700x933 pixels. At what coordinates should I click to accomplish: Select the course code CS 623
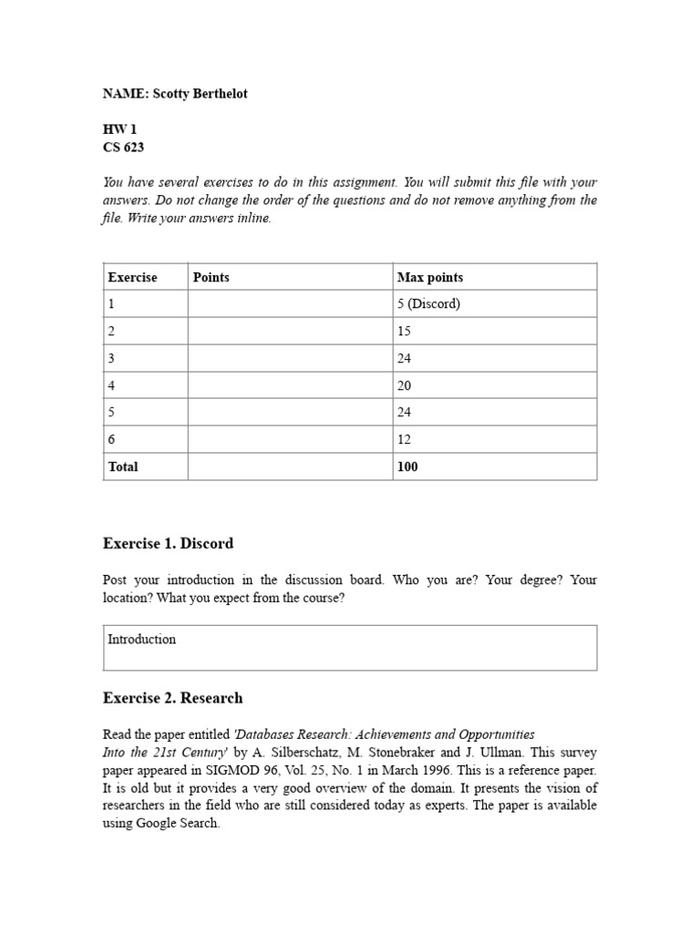(123, 148)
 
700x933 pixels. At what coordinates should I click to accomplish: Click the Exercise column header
(133, 277)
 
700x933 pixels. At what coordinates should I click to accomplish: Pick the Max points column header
(430, 277)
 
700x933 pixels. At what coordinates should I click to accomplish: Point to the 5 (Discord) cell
(428, 304)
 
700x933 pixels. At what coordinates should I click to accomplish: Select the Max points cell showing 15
(404, 332)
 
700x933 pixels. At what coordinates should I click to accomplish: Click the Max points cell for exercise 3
(404, 358)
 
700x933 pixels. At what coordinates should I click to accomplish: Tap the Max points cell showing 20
(404, 385)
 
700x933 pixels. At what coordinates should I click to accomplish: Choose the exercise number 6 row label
(112, 439)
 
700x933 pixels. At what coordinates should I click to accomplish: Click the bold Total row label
(123, 466)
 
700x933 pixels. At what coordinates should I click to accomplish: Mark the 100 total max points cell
(407, 466)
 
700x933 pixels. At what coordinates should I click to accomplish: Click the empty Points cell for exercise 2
(290, 332)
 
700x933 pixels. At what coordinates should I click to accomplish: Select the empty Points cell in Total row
(290, 466)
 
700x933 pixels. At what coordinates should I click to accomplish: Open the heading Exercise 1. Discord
(169, 544)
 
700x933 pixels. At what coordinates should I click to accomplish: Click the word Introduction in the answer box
(141, 640)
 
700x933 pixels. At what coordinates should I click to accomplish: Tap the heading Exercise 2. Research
(173, 699)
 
